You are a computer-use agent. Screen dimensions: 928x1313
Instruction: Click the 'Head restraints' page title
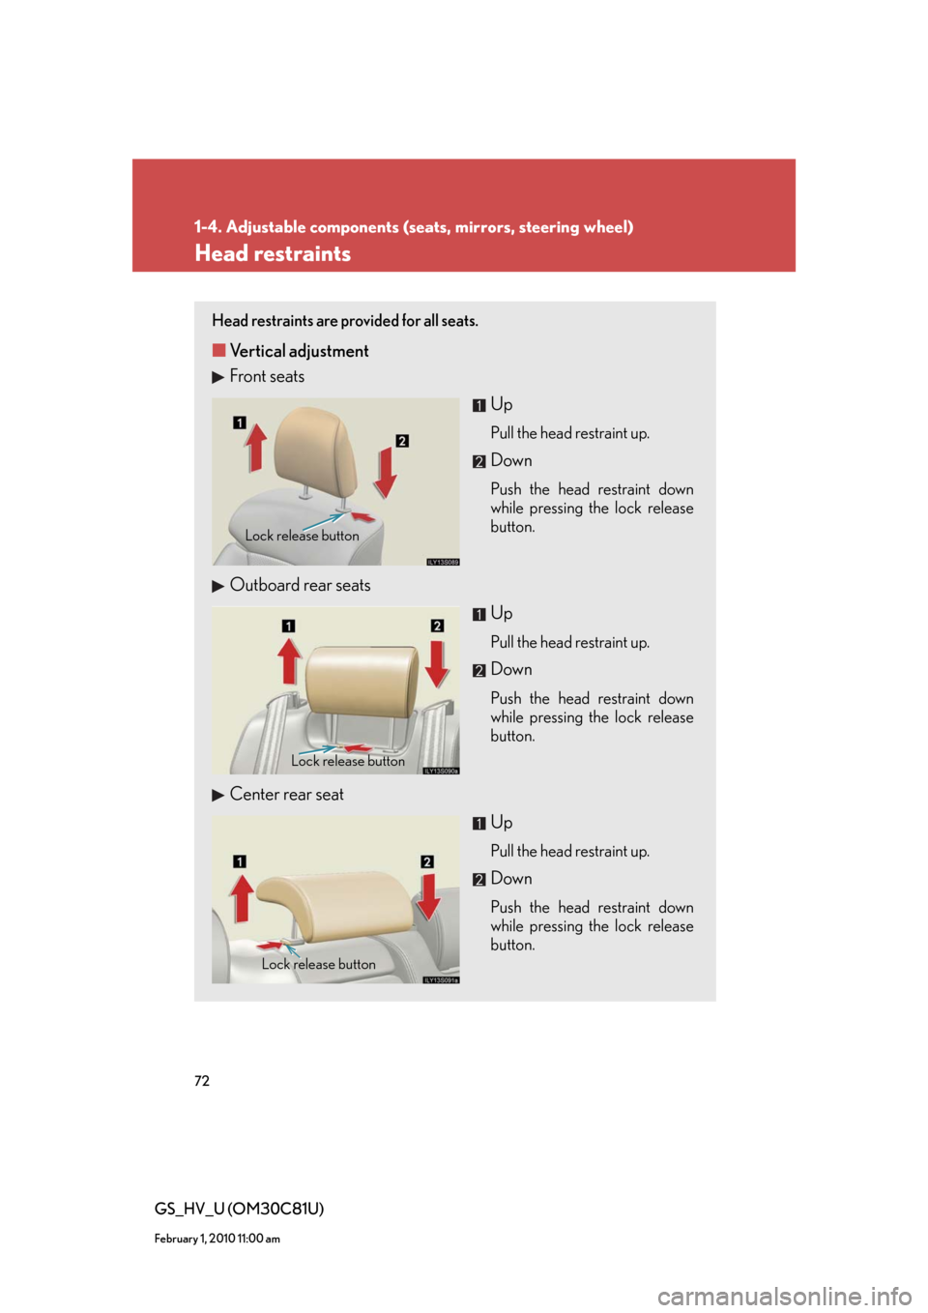[x=273, y=254]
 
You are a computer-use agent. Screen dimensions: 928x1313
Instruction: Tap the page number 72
[x=201, y=1080]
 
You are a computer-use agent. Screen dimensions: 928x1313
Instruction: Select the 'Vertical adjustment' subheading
[x=299, y=351]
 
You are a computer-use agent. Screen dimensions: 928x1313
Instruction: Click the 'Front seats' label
[x=267, y=376]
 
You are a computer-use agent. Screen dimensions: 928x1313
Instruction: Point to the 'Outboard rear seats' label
[x=300, y=585]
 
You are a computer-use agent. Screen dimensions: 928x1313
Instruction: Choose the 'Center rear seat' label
[x=286, y=794]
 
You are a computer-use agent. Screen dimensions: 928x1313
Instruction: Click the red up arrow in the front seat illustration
[x=255, y=448]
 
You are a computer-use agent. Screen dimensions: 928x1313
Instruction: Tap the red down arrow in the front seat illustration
[x=386, y=473]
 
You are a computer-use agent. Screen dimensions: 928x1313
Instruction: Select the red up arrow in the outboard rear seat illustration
[x=289, y=660]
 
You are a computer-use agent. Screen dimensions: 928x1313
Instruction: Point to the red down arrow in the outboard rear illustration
[x=437, y=663]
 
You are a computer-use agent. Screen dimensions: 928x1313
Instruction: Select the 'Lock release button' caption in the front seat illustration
[x=302, y=536]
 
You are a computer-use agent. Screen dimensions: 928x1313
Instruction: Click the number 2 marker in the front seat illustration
[x=401, y=441]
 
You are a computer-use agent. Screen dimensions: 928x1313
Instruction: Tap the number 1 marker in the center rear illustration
[x=239, y=861]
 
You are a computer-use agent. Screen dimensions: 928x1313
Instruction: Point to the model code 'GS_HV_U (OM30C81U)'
[x=239, y=1209]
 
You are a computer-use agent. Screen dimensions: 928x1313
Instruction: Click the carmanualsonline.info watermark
[x=785, y=1295]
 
